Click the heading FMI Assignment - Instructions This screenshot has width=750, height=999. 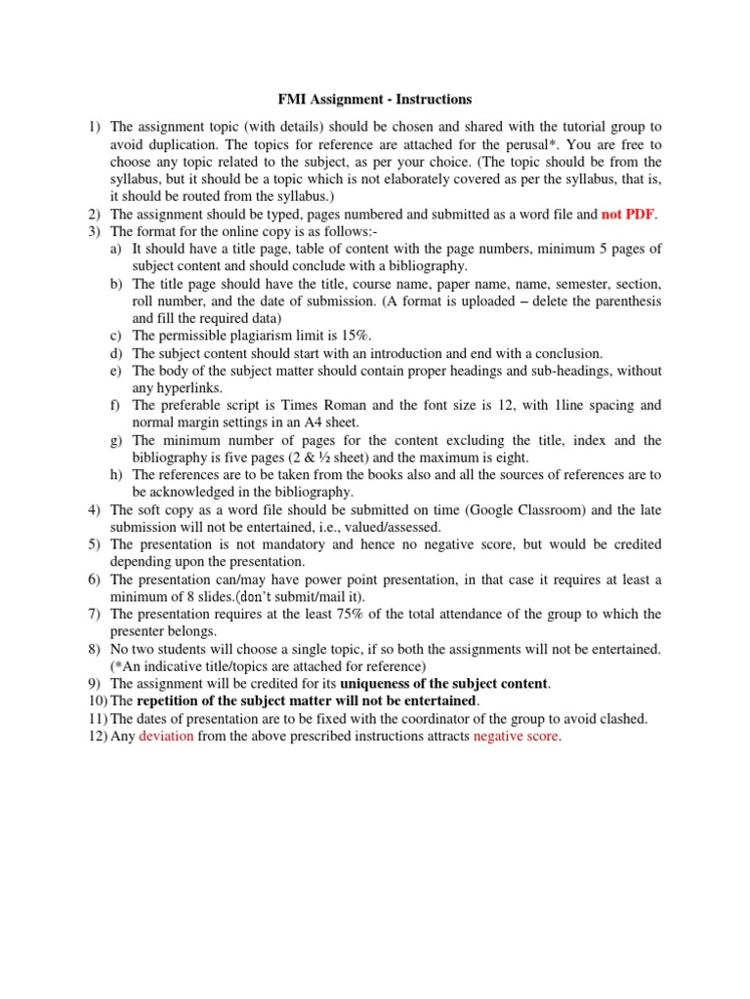[370, 100]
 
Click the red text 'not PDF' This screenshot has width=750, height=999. [627, 214]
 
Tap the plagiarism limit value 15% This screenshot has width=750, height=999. [358, 336]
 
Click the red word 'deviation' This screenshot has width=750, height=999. [166, 737]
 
